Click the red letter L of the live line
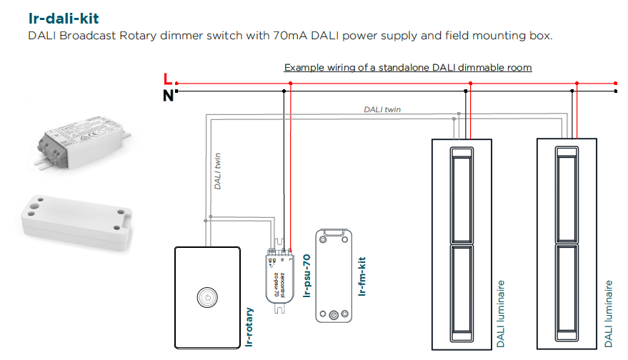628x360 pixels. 167,78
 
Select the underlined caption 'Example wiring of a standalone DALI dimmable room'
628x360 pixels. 408,68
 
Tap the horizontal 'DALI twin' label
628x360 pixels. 382,109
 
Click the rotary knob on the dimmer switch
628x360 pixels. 206,296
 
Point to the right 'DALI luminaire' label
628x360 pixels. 608,314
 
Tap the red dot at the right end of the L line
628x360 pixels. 616,83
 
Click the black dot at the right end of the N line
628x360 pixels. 616,91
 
